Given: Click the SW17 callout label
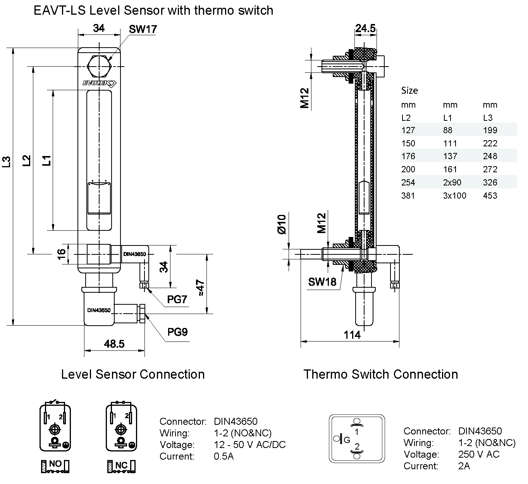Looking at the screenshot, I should [143, 29].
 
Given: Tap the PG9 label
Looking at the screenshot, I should [177, 332].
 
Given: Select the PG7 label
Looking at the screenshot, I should [177, 299].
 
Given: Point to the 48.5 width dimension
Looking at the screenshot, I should [114, 343].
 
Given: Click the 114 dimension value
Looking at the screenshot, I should [352, 335].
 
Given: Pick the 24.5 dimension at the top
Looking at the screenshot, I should [365, 28].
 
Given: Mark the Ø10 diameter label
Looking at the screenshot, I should [281, 224].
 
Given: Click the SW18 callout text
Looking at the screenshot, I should [322, 282].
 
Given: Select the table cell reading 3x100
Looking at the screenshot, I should [454, 196].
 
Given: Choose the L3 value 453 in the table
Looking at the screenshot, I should [490, 196].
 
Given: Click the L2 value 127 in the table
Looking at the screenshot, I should [408, 130].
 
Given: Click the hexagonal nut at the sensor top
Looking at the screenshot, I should [100, 66].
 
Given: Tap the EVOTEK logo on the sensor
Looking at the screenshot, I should [100, 83].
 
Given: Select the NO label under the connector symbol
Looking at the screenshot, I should [55, 464].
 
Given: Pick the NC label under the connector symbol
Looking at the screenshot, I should [122, 465].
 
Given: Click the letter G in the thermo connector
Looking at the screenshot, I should [347, 440].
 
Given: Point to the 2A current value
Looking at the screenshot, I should [464, 466].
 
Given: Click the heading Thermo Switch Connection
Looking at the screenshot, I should [380, 374].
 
